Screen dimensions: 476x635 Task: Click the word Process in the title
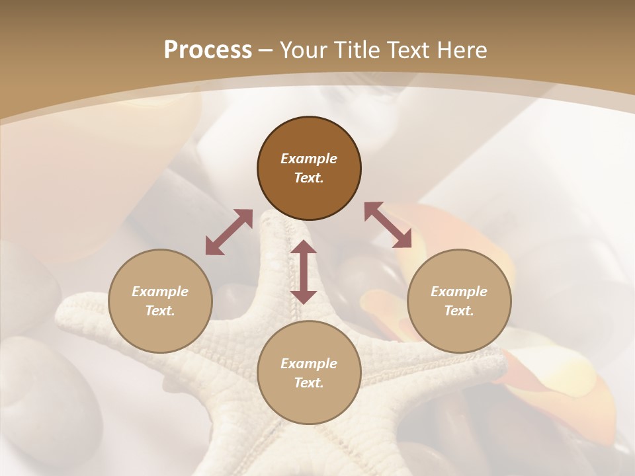coord(208,50)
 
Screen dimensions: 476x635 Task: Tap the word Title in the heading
coord(357,50)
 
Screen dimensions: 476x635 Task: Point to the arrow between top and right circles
coord(388,225)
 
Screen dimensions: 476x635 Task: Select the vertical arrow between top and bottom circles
coord(304,272)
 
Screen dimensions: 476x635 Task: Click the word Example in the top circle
coord(309,159)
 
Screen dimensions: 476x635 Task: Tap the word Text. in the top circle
coord(309,178)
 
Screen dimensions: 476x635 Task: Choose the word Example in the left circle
coord(160,292)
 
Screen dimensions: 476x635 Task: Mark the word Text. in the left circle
coord(160,311)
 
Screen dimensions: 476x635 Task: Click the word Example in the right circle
coord(459,292)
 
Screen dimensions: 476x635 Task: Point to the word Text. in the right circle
coord(459,311)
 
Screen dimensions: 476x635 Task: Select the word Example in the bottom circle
coord(309,364)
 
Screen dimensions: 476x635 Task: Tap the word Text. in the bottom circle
coord(309,383)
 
